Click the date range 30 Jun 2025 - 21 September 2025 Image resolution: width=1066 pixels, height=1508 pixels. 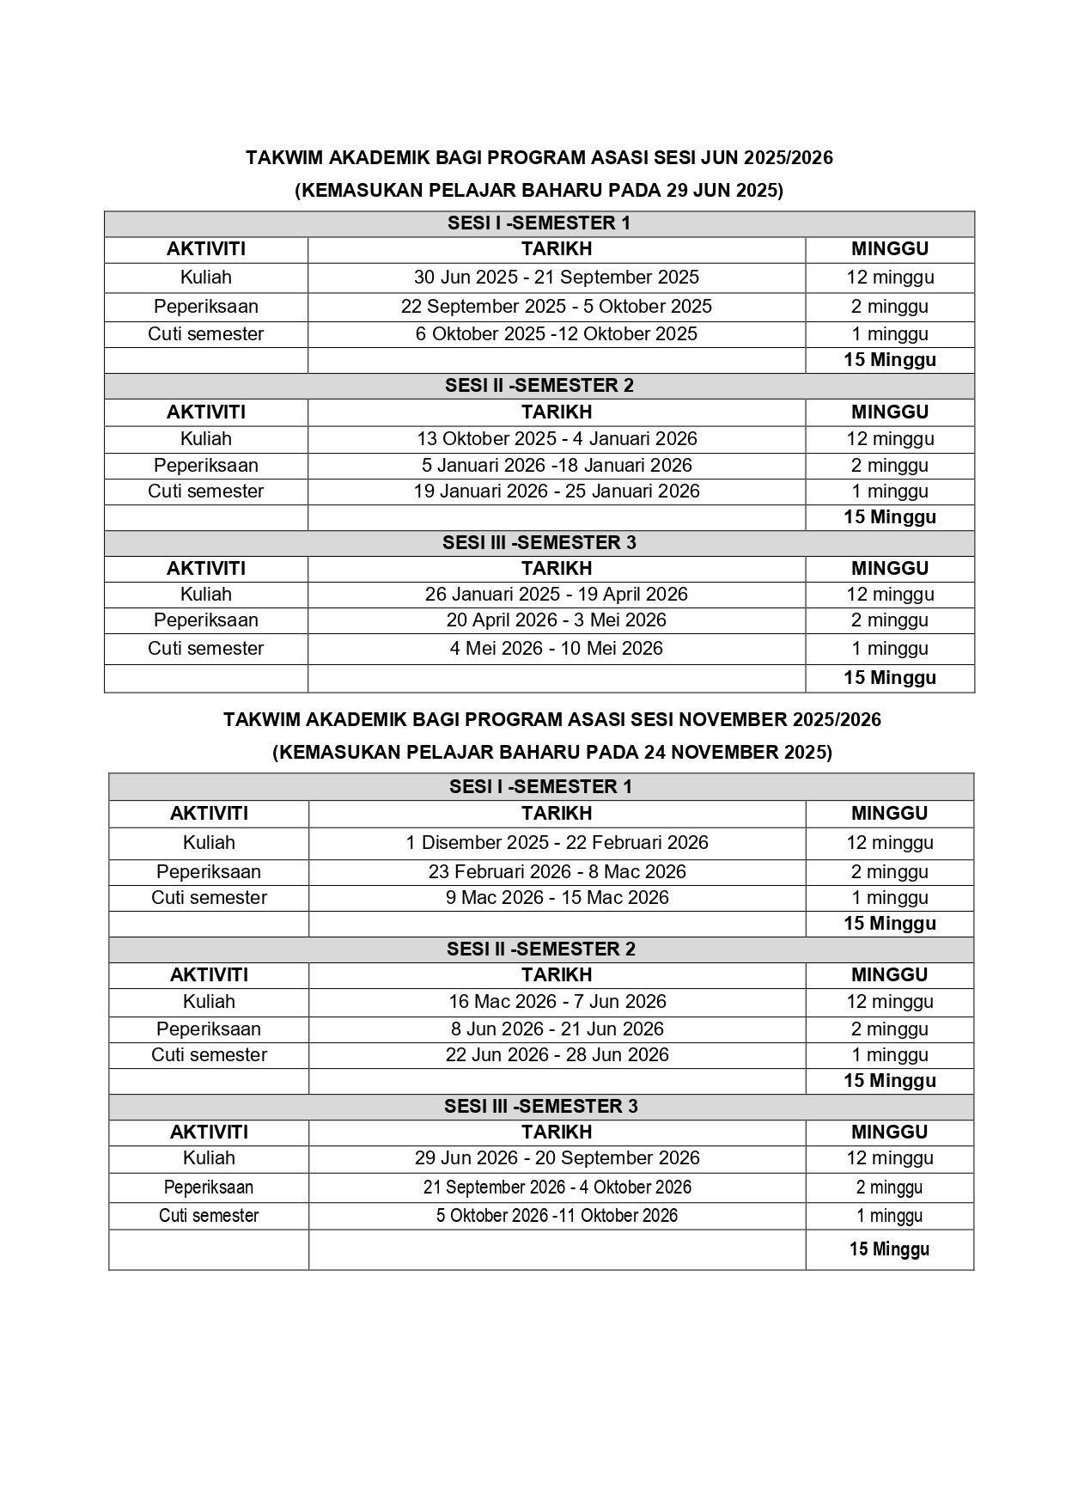[x=556, y=278]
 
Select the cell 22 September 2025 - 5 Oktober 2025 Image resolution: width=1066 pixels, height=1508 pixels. [x=556, y=307]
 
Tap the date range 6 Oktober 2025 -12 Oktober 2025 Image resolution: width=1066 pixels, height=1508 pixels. [x=556, y=334]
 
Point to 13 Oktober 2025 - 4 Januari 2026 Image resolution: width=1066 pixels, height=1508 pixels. [x=556, y=439]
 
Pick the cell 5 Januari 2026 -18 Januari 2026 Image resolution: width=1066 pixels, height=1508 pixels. [x=556, y=466]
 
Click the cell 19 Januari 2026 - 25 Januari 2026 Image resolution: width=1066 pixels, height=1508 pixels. [x=556, y=491]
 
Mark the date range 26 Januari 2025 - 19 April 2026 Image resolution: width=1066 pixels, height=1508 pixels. [x=556, y=595]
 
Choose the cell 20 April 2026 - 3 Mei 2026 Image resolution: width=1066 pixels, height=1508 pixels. [x=556, y=620]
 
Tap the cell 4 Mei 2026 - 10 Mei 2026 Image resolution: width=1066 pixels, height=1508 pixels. [x=556, y=649]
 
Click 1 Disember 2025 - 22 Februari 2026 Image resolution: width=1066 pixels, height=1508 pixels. [x=557, y=843]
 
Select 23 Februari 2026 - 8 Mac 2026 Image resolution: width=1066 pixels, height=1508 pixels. [x=557, y=872]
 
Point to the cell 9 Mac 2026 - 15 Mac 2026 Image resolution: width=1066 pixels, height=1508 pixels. [x=557, y=898]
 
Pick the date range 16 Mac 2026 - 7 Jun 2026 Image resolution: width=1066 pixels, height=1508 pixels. [x=557, y=1002]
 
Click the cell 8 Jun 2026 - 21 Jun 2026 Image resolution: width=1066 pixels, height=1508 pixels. [x=557, y=1029]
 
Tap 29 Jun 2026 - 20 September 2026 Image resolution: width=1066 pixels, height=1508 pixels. [x=557, y=1158]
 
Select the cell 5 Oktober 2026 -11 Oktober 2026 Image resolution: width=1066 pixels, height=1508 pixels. [x=557, y=1216]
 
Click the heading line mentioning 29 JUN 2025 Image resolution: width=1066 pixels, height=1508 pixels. [x=539, y=191]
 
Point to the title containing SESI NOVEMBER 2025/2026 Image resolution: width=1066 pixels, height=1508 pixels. [x=551, y=720]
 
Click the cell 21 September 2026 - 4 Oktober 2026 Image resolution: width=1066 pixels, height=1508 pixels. [x=557, y=1187]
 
